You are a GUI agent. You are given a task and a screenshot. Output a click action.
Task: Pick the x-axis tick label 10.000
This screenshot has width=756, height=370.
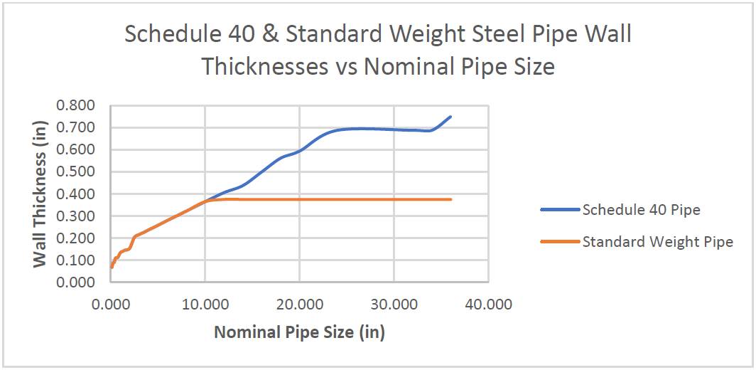click(205, 305)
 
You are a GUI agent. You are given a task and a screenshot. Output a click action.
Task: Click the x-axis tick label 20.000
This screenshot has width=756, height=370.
click(299, 305)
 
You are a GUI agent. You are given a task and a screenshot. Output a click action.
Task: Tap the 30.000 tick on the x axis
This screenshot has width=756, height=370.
click(394, 305)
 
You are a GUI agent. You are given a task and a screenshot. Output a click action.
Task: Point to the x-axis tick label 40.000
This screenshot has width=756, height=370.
click(487, 305)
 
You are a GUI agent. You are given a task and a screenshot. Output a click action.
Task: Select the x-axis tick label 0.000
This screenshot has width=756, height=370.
click(111, 305)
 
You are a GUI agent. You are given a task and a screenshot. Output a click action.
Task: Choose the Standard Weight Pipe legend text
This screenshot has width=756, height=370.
click(657, 242)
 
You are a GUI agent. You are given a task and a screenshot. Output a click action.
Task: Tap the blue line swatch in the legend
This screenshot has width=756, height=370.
click(560, 210)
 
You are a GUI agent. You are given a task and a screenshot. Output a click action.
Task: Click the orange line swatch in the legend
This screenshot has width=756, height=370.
click(560, 242)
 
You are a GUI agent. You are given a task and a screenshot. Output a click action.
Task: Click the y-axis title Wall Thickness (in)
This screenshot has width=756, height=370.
click(40, 194)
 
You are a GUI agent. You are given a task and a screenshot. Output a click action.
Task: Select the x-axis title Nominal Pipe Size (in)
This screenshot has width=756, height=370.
click(299, 332)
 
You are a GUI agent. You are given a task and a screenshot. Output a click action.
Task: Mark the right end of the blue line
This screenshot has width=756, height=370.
click(450, 117)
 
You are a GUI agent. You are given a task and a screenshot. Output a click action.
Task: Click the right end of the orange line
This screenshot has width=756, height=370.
click(451, 199)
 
